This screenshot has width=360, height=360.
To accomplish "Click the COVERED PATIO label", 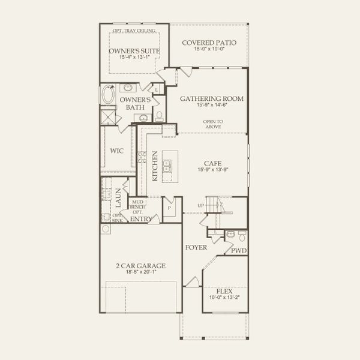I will pyautogui.click(x=209, y=43).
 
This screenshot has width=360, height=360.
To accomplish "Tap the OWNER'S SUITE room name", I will pyautogui.click(x=134, y=51).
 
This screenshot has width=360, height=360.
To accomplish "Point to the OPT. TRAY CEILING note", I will pyautogui.click(x=134, y=31).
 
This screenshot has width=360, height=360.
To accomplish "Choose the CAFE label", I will pyautogui.click(x=212, y=162).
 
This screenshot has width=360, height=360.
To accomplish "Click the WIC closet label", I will pyautogui.click(x=116, y=151).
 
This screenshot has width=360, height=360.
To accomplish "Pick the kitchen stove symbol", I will pyautogui.click(x=142, y=158).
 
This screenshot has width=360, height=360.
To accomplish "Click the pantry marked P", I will pyautogui.click(x=170, y=208).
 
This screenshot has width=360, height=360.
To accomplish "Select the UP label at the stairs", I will pyautogui.click(x=202, y=206).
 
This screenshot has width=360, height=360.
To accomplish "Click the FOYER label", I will pyautogui.click(x=196, y=247).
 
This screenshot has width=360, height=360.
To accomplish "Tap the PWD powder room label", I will pyautogui.click(x=240, y=250).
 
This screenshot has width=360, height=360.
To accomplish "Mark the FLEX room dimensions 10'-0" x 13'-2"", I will pyautogui.click(x=224, y=298).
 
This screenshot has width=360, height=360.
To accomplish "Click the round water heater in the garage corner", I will pyautogui.click(x=106, y=229).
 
